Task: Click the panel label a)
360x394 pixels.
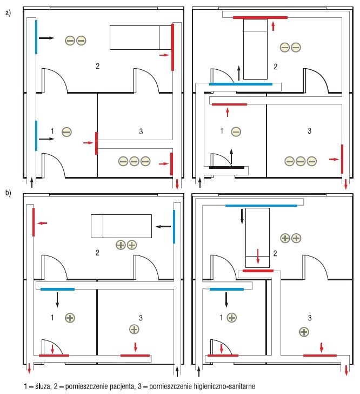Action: click(8, 13)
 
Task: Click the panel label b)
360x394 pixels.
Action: click(8, 193)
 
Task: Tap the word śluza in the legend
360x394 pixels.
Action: click(43, 386)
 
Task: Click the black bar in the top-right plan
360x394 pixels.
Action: click(226, 167)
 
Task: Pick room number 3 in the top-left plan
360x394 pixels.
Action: click(141, 131)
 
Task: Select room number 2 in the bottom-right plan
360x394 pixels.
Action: click(275, 253)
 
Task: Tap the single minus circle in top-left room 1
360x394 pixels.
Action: click(66, 132)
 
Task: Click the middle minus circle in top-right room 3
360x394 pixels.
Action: click(301, 161)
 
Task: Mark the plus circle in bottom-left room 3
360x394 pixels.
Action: click(134, 329)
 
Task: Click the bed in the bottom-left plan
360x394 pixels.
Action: click(121, 226)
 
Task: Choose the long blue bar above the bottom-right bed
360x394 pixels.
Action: click(261, 206)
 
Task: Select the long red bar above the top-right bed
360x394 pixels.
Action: click(260, 17)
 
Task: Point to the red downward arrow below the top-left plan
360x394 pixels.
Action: click(177, 185)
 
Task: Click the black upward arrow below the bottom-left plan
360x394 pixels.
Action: click(177, 371)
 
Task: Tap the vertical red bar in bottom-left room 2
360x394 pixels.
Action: click(34, 222)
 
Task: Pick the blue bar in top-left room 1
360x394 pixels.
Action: click(36, 136)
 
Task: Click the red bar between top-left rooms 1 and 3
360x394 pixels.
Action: click(96, 143)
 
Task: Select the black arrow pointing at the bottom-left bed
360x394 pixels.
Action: click(163, 227)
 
